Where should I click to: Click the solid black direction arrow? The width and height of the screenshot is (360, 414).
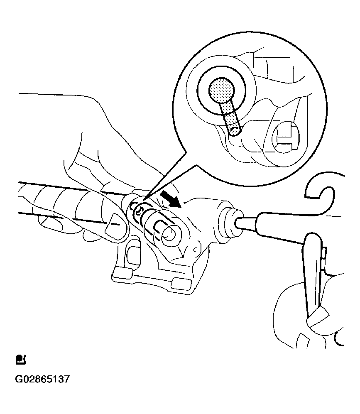pyautogui.click(x=171, y=198)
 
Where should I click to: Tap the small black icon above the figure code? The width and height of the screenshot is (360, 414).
pyautogui.click(x=21, y=359)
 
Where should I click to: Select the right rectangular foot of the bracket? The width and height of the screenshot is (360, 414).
pyautogui.click(x=181, y=283)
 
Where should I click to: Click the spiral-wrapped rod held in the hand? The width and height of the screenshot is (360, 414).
pyautogui.click(x=66, y=201)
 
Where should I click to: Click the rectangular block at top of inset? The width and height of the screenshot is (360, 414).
pyautogui.click(x=270, y=69)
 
